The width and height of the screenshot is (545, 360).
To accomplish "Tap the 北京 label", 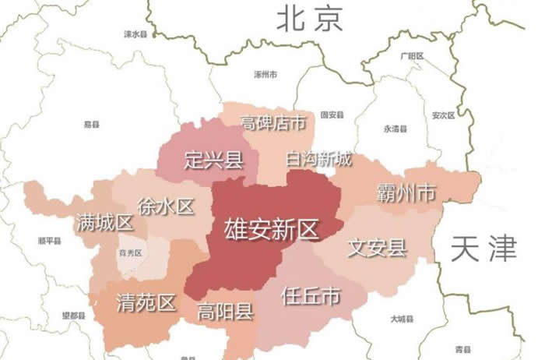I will click(x=310, y=19).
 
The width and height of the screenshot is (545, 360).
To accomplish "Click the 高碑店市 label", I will click(x=272, y=123).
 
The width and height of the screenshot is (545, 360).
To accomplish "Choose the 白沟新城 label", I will click(x=318, y=160).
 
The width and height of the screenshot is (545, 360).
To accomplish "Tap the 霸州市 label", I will click(x=405, y=192).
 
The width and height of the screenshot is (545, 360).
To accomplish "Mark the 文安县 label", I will click(x=377, y=249).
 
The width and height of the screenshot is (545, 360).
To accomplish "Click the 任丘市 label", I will click(x=311, y=296).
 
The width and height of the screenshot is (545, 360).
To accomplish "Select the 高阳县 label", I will click(x=225, y=312).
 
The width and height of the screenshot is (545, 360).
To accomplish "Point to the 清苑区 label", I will click(x=146, y=302).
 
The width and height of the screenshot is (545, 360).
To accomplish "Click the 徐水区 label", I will click(x=165, y=206).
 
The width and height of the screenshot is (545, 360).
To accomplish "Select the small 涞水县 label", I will click(x=136, y=35).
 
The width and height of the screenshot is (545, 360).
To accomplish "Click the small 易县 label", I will click(x=91, y=124).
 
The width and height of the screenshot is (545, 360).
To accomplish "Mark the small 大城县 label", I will click(x=403, y=319).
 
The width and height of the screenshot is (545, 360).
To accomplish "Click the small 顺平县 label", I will click(x=50, y=242).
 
